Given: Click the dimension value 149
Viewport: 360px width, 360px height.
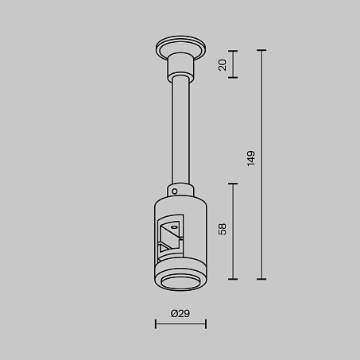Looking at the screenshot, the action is [251, 158].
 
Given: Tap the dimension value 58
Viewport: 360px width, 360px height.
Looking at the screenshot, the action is [223, 229].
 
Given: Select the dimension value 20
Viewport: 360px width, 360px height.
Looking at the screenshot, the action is [223, 65].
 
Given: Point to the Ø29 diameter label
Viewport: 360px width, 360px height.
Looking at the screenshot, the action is [180, 313].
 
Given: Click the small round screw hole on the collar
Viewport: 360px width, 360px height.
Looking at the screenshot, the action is [175, 192].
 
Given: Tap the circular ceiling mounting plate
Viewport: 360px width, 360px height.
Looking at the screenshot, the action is [180, 48].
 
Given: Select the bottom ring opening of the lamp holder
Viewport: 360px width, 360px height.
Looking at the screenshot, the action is [180, 282].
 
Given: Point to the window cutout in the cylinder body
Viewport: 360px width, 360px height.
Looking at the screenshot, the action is [170, 235].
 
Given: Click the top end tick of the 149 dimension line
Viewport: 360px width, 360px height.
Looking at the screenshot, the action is [261, 50].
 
